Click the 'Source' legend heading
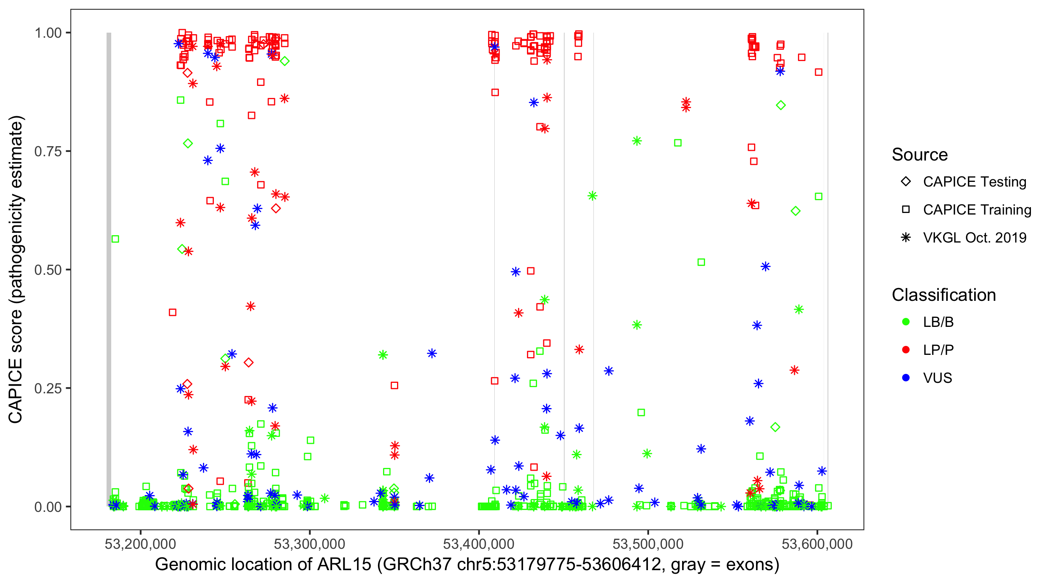[x=920, y=155]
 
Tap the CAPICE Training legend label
[x=976, y=210]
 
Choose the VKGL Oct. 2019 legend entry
[x=906, y=237]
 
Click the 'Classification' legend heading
[x=943, y=295]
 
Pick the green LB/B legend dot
[x=906, y=322]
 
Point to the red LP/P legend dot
[x=906, y=350]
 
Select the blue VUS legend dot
[x=906, y=378]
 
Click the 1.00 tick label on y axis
[x=48, y=33]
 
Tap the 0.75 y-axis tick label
[x=48, y=152]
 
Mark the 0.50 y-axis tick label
[x=48, y=270]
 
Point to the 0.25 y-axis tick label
[x=48, y=388]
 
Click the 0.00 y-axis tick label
[x=48, y=507]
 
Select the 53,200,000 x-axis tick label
[x=140, y=544]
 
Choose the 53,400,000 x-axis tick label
[x=479, y=544]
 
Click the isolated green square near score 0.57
[x=115, y=239]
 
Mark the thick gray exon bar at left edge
[x=109, y=269]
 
